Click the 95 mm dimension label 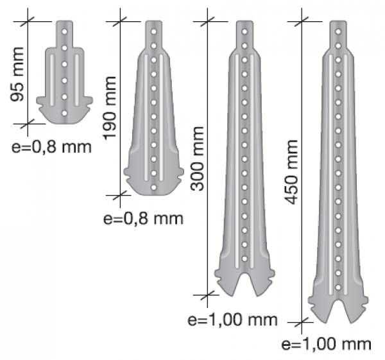(x=17, y=74)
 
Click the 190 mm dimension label (x=109, y=108)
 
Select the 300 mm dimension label (x=197, y=159)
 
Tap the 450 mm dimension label (x=291, y=172)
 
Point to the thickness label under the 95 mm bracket (x=51, y=148)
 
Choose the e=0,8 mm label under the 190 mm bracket (x=143, y=219)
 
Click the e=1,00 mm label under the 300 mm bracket (x=232, y=320)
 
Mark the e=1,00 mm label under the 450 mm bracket (x=327, y=344)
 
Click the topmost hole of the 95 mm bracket (x=65, y=31)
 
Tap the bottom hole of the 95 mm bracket (x=65, y=113)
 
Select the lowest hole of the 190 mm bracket (x=154, y=187)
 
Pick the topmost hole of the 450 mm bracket (x=338, y=31)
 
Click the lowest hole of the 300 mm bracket (x=244, y=259)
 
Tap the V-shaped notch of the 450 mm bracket (x=338, y=311)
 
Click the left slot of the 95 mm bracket (x=53, y=80)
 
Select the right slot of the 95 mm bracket (x=76, y=80)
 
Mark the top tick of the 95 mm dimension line (x=28, y=21)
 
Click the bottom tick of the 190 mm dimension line (x=120, y=195)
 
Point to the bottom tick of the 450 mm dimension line (x=302, y=322)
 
